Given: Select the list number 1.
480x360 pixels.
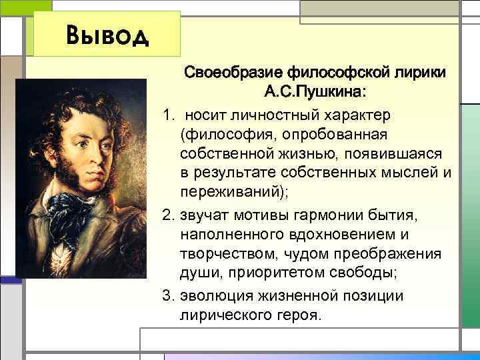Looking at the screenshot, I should click(x=167, y=115).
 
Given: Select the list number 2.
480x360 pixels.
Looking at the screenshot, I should click(x=167, y=215).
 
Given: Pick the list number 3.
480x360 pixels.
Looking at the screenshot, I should click(x=167, y=295).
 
